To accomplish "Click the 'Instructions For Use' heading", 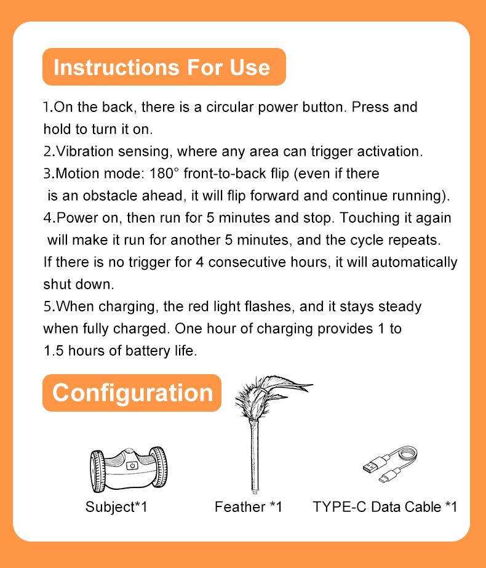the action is click(x=162, y=67).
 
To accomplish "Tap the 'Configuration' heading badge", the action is click(x=132, y=393).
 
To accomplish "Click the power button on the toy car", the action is click(x=132, y=466).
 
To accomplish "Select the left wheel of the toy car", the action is click(x=97, y=471).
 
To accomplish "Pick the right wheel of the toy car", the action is click(x=158, y=466).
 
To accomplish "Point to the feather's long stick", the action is click(x=255, y=457).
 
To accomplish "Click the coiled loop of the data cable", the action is click(x=405, y=454).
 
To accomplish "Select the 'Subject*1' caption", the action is click(x=116, y=507).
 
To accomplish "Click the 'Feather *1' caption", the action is click(x=248, y=507).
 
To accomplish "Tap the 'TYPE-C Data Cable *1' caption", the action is click(x=384, y=507).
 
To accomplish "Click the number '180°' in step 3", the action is click(x=164, y=173).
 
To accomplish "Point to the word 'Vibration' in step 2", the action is click(x=85, y=151).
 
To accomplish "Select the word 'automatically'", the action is click(x=414, y=262).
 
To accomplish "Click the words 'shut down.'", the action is click(x=79, y=284).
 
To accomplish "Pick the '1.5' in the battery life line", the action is click(x=54, y=351).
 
